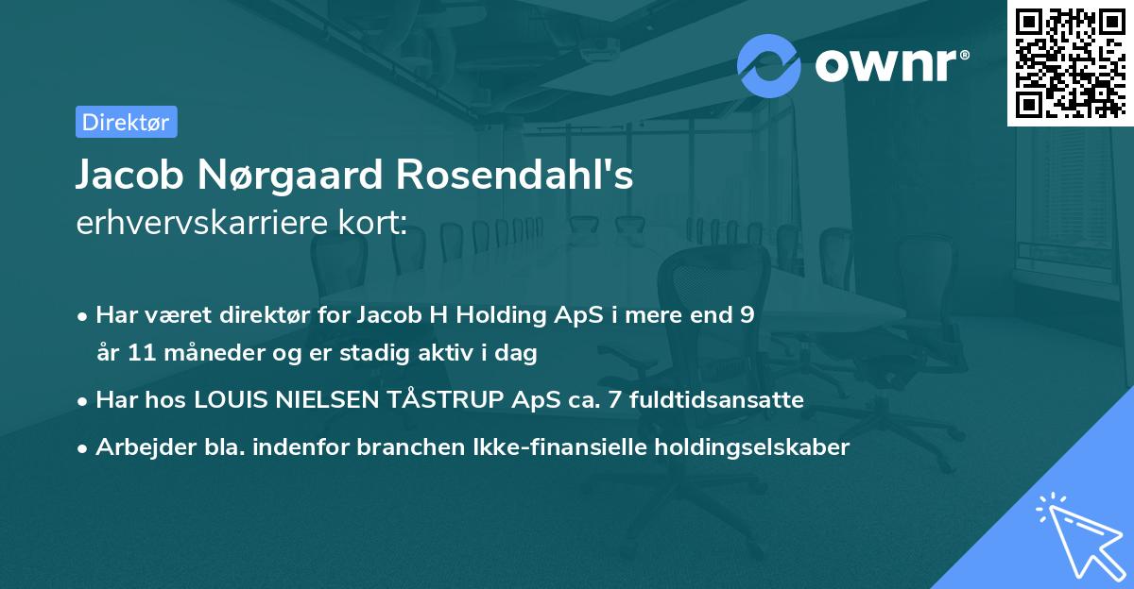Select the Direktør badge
pyautogui.click(x=126, y=122)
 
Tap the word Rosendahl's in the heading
pyautogui.click(x=514, y=175)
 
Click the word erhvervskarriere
pyautogui.click(x=202, y=224)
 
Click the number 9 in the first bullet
pyautogui.click(x=747, y=315)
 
